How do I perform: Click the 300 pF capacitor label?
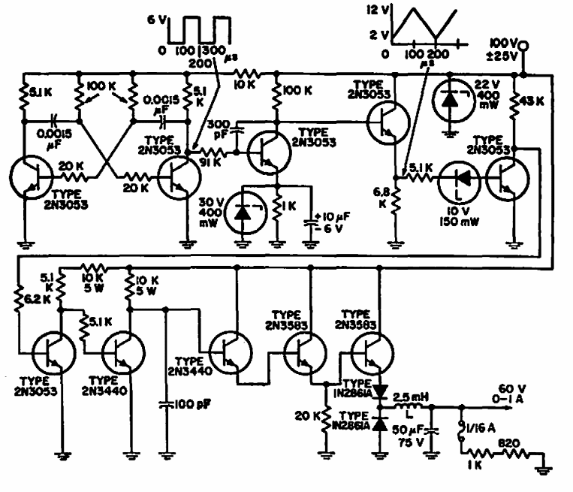221,128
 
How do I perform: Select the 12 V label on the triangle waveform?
371,9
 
